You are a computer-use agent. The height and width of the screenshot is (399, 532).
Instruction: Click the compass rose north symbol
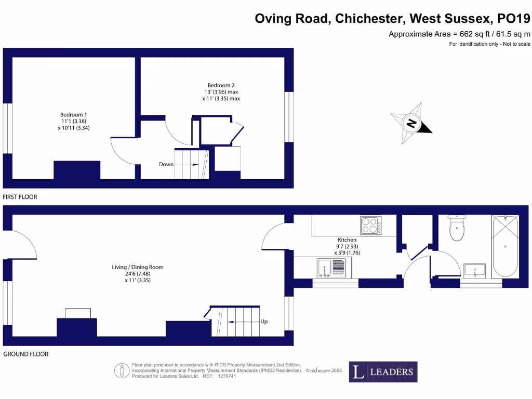point(411,123)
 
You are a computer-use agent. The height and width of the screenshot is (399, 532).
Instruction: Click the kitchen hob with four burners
point(371,225)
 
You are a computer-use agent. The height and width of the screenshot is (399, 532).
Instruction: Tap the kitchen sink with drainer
point(330,268)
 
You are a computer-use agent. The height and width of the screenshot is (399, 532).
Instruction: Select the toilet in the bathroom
point(457,229)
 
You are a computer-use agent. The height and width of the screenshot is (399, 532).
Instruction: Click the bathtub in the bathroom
point(504,246)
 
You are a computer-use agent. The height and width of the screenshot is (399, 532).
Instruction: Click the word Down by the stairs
point(166,164)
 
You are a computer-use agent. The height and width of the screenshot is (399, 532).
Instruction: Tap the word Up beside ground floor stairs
point(264,322)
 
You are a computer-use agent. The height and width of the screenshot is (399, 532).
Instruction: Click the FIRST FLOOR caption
point(20,197)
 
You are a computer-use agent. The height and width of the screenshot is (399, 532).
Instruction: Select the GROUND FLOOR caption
point(26,354)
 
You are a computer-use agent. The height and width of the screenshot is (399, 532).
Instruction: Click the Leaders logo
point(382,371)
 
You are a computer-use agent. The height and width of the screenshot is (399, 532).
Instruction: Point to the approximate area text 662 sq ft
point(459,34)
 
